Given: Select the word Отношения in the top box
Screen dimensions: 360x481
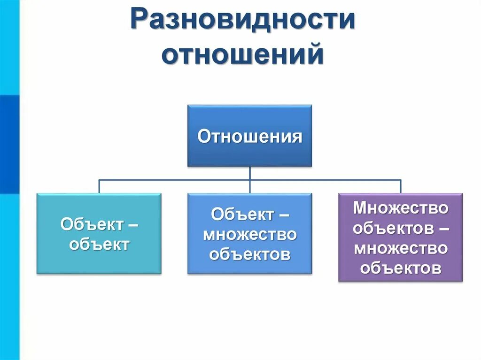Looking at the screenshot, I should tap(249, 137).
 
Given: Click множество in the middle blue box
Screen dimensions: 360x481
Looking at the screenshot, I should tap(249, 234).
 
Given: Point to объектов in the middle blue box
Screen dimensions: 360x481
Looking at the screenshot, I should tap(249, 254).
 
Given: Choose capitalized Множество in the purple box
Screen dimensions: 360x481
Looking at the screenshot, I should tap(401, 207).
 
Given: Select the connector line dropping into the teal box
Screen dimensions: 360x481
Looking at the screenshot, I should tap(99, 186).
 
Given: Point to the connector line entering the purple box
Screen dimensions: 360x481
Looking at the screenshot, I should tap(401, 186).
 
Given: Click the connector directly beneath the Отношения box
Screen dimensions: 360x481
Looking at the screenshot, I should tap(249, 173).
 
